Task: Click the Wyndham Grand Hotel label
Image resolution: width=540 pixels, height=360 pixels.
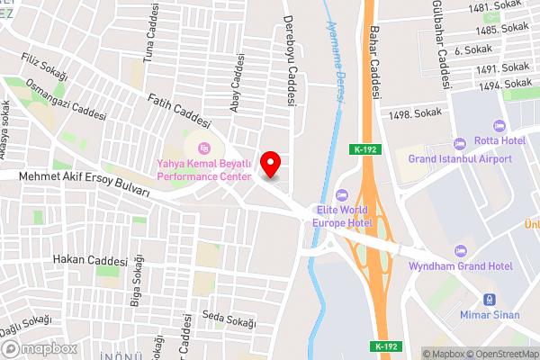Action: pos(461,266)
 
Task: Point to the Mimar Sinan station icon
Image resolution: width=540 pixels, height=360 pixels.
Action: pos(490,300)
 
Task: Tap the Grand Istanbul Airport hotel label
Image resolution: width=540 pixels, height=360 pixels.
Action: pos(459,158)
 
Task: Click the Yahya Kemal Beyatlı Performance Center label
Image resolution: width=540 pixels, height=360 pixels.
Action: pos(203,170)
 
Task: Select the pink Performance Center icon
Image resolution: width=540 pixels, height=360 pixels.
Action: pos(204,148)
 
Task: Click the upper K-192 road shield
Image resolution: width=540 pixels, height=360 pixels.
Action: pos(364,149)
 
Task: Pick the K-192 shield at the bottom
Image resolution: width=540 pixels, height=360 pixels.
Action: pos(383,346)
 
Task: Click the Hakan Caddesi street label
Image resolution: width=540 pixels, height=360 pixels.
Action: pos(89,261)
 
